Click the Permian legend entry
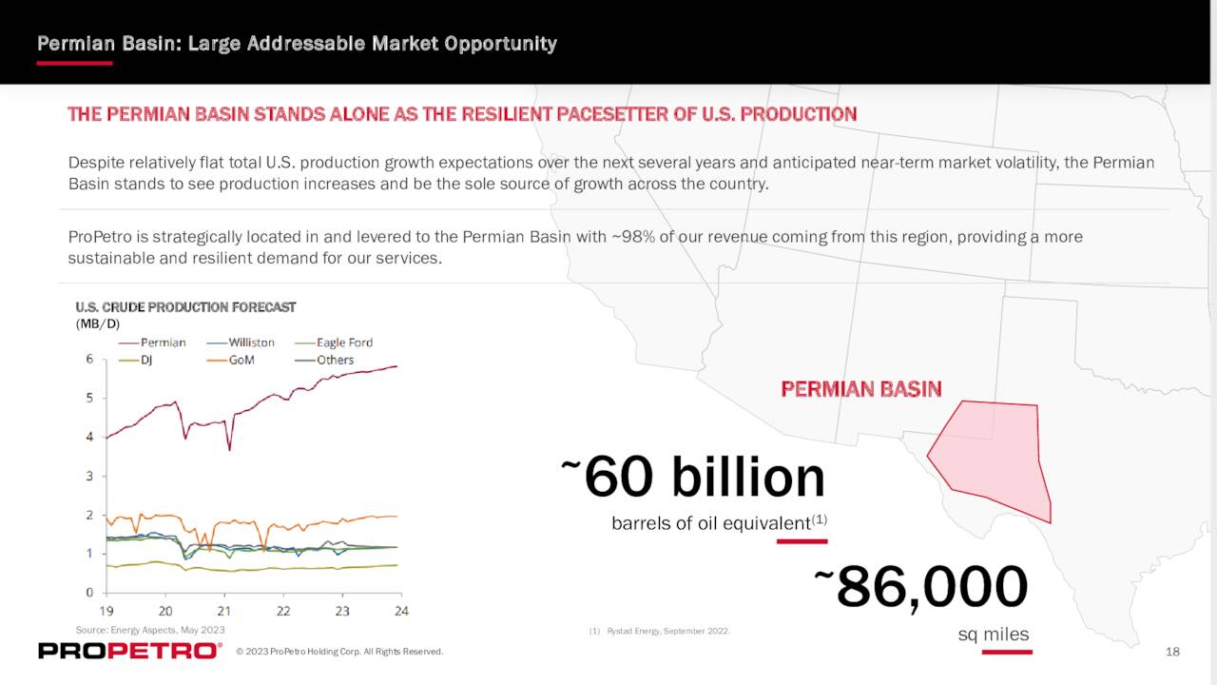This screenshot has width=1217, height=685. [x=163, y=342]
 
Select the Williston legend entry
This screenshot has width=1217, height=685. [x=251, y=342]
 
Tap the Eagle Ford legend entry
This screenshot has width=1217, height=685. [x=344, y=342]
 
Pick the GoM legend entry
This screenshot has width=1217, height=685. [x=241, y=361]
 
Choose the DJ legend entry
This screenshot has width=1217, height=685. [x=146, y=361]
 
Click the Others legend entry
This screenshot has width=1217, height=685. [x=335, y=361]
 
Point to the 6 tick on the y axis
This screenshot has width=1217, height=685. [x=89, y=359]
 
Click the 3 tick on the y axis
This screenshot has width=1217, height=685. [x=89, y=476]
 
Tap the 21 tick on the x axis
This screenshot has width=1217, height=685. [x=224, y=611]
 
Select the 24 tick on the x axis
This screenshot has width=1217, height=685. [x=401, y=611]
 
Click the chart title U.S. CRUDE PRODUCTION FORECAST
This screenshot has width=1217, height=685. [x=185, y=307]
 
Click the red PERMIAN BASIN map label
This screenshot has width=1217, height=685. [x=860, y=389]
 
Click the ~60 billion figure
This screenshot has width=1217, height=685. [x=694, y=477]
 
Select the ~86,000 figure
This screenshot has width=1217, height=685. [x=921, y=586]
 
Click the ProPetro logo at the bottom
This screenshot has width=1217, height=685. [x=128, y=651]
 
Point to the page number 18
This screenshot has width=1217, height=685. [x=1172, y=652]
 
